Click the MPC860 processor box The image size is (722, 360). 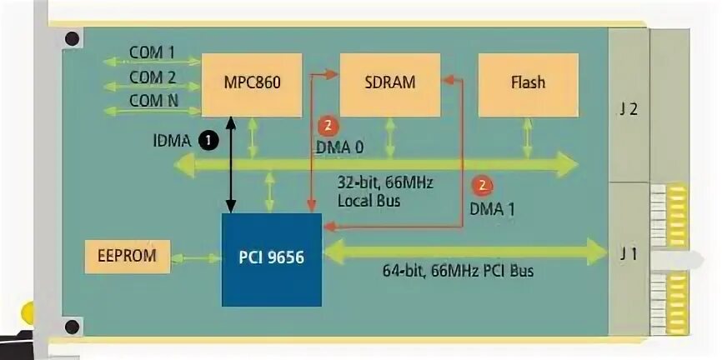click(x=252, y=83)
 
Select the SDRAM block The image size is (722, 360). click(x=389, y=82)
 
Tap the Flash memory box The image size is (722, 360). click(x=528, y=82)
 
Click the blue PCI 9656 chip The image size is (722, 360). click(x=271, y=258)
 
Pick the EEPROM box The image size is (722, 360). click(x=128, y=255)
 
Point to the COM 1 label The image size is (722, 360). click(x=152, y=52)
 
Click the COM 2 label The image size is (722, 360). click(x=152, y=77)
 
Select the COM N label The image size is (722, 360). click(x=152, y=102)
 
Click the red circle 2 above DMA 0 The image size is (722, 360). click(x=328, y=127)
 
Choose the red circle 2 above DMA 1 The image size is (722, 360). click(x=481, y=186)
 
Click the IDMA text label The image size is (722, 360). click(x=170, y=141)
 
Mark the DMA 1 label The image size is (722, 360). click(x=492, y=210)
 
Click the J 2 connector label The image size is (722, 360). click(x=629, y=108)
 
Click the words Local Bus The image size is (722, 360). click(x=369, y=201)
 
